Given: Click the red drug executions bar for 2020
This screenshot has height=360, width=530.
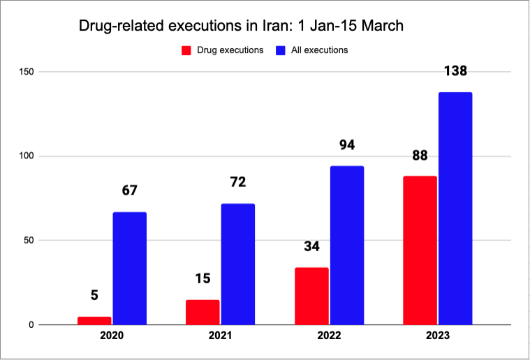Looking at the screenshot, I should [x=94, y=321].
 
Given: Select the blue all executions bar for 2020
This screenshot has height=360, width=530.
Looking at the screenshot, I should [x=130, y=269].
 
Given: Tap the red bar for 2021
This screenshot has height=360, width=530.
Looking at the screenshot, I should [x=203, y=313].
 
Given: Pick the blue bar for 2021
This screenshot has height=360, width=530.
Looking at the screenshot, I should [x=238, y=264].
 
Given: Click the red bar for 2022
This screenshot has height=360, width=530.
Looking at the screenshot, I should [x=311, y=297].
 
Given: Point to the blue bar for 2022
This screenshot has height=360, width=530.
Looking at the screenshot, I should [x=347, y=246].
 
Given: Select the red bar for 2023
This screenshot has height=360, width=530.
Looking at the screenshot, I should [x=420, y=250].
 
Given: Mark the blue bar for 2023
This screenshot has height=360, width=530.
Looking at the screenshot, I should [x=455, y=209].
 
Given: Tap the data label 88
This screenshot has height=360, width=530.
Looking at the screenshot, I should [x=420, y=156].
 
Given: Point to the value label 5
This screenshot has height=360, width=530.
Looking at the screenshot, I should [x=94, y=295].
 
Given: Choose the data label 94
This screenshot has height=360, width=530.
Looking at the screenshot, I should [x=347, y=145].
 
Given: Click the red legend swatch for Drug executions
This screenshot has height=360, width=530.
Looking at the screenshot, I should [x=186, y=50].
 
